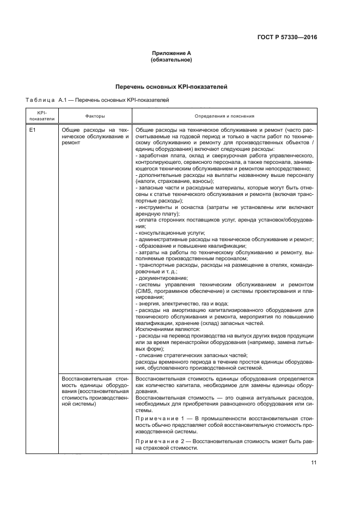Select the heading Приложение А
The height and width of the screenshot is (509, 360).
click(171, 54)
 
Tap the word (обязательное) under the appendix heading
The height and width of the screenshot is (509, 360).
click(171, 60)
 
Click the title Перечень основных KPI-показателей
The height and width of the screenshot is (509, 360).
click(171, 87)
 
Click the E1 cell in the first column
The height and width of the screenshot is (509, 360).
click(33, 131)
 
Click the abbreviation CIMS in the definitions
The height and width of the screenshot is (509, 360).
click(143, 291)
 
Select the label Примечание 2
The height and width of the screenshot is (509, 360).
click(159, 441)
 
